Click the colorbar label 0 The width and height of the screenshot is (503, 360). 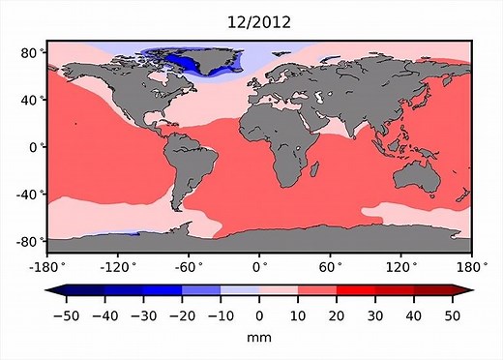(258, 315)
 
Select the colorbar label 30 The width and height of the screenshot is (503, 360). (374, 315)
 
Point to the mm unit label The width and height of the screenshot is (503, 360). (258, 338)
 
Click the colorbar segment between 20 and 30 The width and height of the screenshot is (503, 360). (355, 291)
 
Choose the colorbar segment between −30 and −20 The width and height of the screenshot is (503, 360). (162, 291)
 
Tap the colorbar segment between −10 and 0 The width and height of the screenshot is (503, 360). (239, 291)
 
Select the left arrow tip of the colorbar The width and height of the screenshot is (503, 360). (50, 291)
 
